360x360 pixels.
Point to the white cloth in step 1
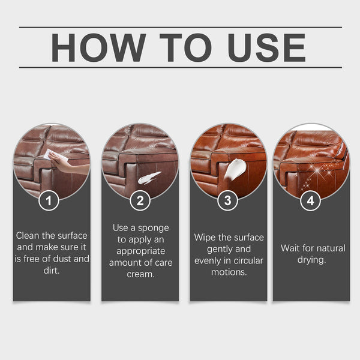[49, 154]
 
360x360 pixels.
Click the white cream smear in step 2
[149, 177]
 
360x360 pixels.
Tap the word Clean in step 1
[29, 236]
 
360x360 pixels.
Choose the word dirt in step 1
[51, 270]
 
